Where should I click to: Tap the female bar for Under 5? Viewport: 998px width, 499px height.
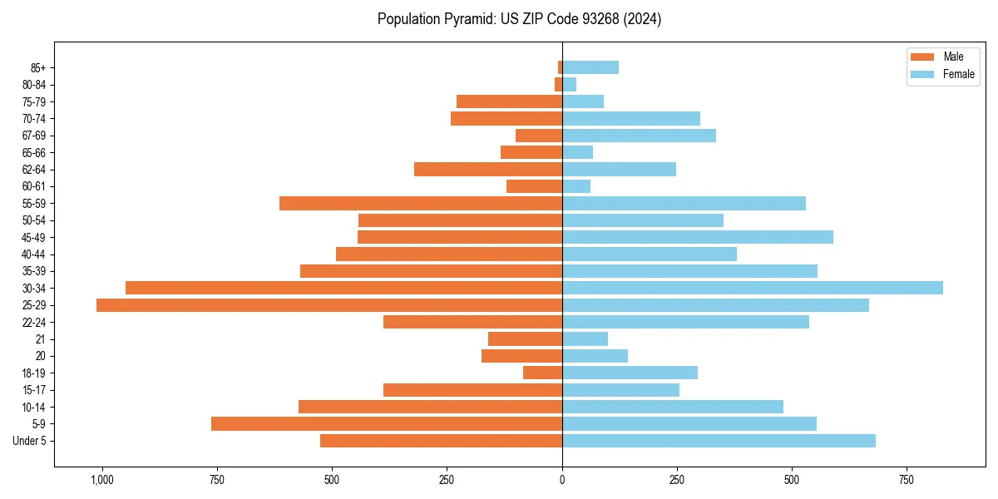point(719,441)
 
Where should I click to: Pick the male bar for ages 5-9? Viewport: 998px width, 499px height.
point(387,423)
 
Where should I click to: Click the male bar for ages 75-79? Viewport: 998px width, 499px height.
point(509,101)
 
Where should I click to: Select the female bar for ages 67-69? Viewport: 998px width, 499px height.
point(639,136)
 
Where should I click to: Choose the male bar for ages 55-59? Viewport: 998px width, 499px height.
point(421,203)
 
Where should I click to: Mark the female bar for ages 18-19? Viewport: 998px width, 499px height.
point(630,373)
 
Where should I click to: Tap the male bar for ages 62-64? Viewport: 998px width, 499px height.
point(488,170)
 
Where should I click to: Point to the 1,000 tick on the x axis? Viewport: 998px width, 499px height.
point(102,480)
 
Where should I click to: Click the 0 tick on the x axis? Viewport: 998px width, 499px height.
point(562,480)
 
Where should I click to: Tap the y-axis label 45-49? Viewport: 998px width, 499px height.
point(34,237)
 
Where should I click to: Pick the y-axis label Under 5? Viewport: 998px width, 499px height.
point(29,441)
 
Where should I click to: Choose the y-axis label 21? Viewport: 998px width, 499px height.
point(40,339)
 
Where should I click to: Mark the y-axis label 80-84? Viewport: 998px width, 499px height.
point(34,85)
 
